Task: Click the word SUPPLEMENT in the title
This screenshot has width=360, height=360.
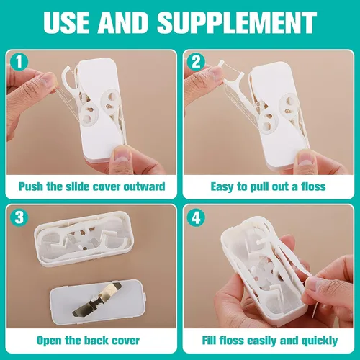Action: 237,22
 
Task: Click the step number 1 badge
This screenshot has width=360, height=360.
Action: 19,62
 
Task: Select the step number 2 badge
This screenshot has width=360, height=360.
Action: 196,62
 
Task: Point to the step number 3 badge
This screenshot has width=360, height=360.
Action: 19,217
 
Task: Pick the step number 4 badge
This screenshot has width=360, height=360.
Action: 196,217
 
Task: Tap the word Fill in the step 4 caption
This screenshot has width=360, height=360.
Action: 209,340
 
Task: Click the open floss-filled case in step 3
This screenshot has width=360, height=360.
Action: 84,238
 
